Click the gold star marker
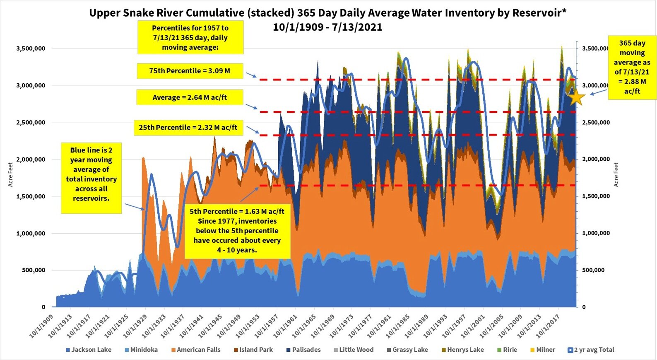pyautogui.click(x=576, y=98)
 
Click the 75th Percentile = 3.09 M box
pyautogui.click(x=190, y=71)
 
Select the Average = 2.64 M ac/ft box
pyautogui.click(x=190, y=97)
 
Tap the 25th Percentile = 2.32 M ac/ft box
pyautogui.click(x=188, y=127)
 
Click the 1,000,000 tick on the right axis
pyautogui.click(x=596, y=233)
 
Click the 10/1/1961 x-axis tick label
pyautogui.click(x=286, y=326)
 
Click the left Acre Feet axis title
pyautogui.click(x=10, y=174)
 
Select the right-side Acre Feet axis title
pyautogui.click(x=616, y=174)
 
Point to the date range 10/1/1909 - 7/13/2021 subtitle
pyautogui.click(x=327, y=27)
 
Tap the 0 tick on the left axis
pyautogui.click(x=43, y=307)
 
